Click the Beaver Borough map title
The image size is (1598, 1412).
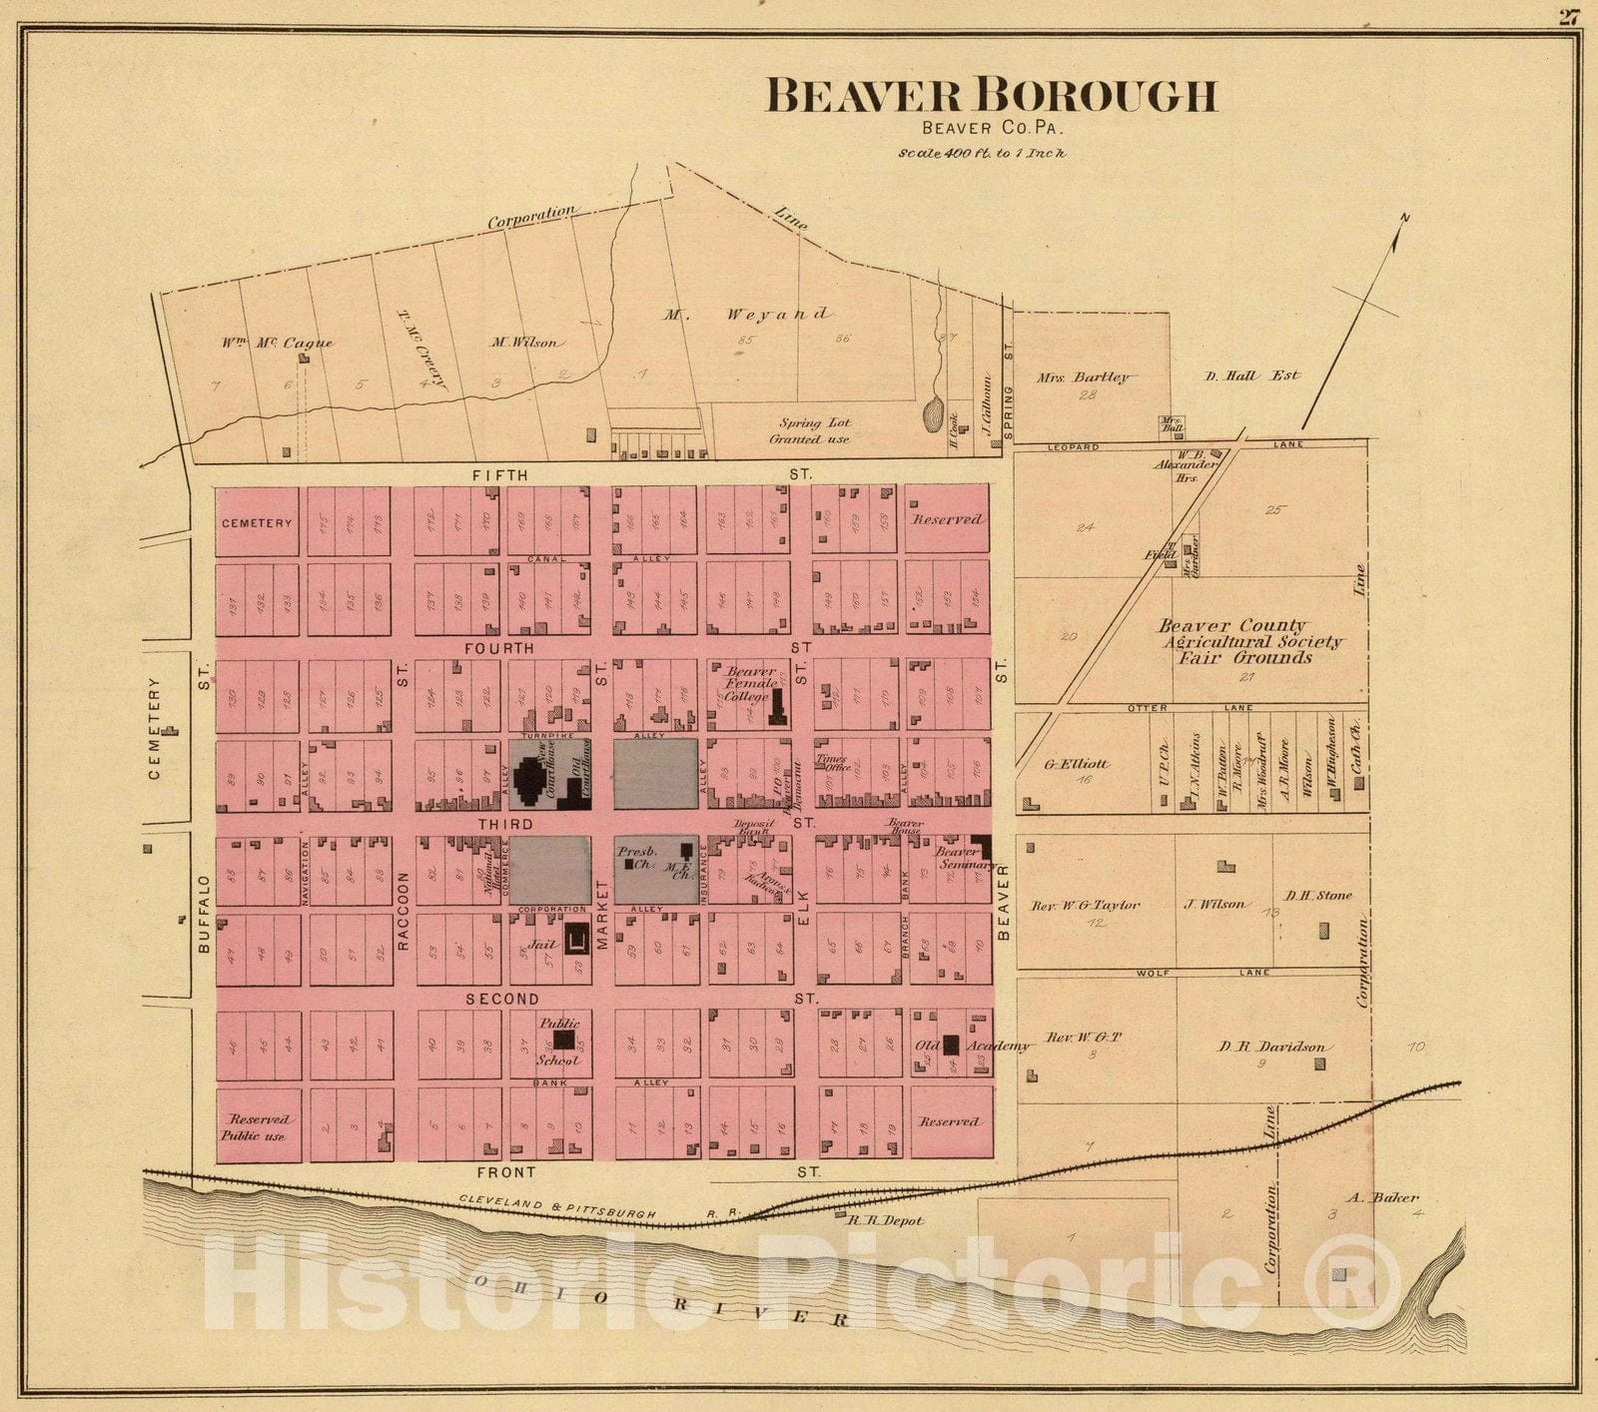(991, 96)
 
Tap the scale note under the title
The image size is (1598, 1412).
(982, 154)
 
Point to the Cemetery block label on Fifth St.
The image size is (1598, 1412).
(257, 523)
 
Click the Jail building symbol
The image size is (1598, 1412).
(576, 940)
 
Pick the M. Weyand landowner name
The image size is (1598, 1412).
(747, 315)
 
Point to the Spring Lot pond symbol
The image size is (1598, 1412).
(933, 413)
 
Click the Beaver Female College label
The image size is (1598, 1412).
(749, 684)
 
